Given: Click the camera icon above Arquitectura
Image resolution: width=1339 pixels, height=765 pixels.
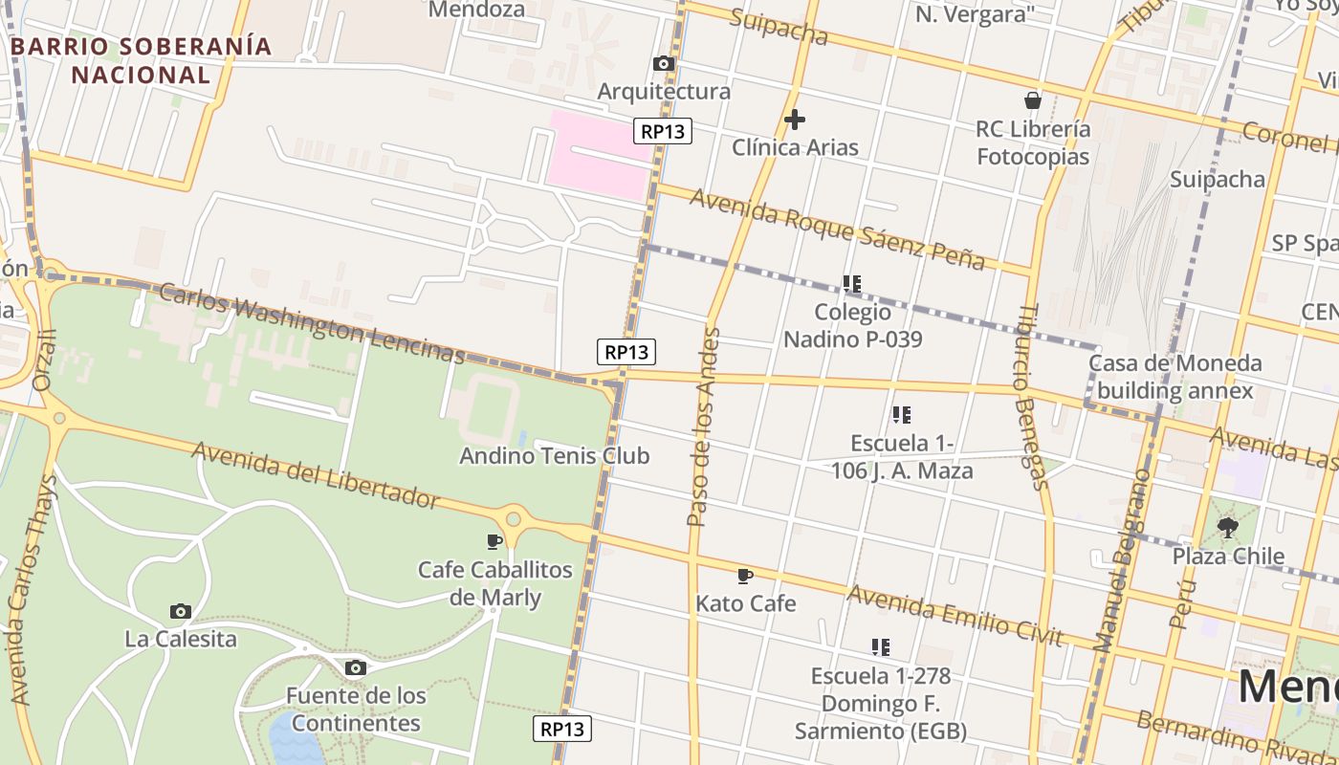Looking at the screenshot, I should pyautogui.click(x=663, y=64).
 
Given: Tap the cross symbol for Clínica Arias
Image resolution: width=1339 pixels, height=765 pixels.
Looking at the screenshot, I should pyautogui.click(x=794, y=120).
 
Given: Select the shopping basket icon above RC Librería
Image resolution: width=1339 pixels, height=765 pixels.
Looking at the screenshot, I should pyautogui.click(x=1032, y=100).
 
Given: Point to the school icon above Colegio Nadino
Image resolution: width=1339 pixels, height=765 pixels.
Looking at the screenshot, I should pyautogui.click(x=852, y=284).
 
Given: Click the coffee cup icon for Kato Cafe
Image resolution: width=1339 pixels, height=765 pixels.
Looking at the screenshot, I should pyautogui.click(x=745, y=576).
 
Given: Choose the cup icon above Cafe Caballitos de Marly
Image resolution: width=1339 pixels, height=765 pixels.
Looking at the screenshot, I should pyautogui.click(x=494, y=542).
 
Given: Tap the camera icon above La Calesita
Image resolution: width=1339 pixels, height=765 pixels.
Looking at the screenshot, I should pyautogui.click(x=180, y=611).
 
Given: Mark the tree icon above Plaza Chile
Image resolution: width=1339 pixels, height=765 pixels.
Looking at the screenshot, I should pyautogui.click(x=1228, y=527).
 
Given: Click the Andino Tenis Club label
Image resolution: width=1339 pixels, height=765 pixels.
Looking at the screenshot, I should pyautogui.click(x=554, y=456).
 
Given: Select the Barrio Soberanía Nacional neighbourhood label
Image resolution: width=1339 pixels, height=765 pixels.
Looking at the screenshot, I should pyautogui.click(x=142, y=60).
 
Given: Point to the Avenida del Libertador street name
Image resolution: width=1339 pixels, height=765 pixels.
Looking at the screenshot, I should pyautogui.click(x=316, y=474).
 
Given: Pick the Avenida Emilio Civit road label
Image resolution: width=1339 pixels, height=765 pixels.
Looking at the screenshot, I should pyautogui.click(x=955, y=616).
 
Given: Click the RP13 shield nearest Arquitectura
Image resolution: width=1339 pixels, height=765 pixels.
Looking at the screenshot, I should pyautogui.click(x=662, y=131).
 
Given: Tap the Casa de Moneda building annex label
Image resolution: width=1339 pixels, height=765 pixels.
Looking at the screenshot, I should pyautogui.click(x=1174, y=377).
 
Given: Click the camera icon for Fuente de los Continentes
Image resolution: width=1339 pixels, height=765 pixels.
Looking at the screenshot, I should pyautogui.click(x=356, y=667).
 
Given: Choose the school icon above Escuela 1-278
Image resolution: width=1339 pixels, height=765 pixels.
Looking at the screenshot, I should pyautogui.click(x=881, y=647).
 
